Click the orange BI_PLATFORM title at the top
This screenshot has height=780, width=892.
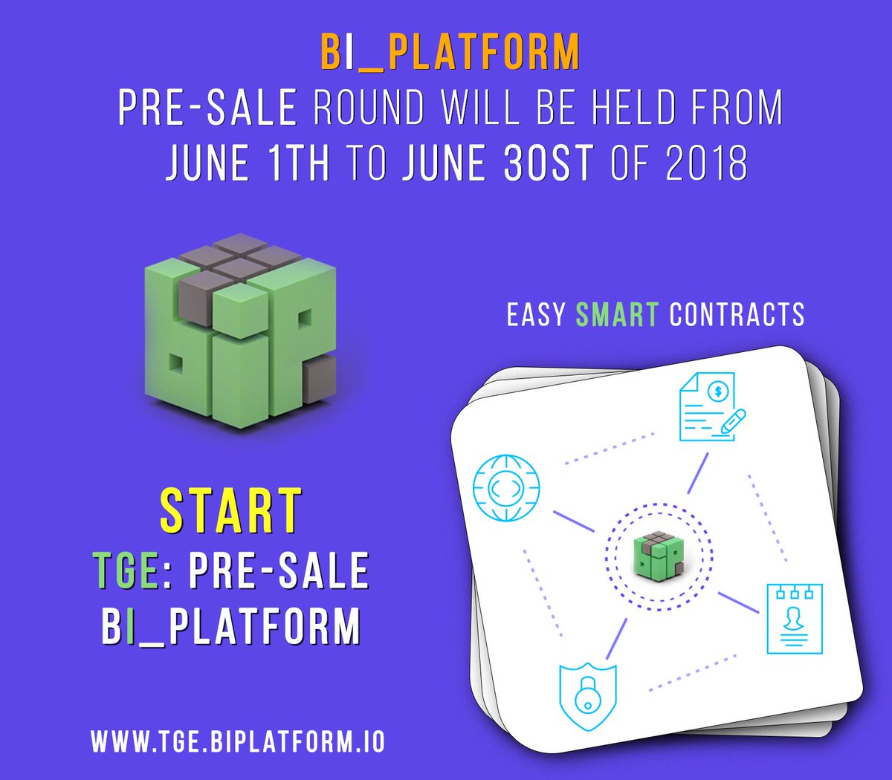tap(450, 51)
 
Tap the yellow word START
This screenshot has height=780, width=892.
tap(231, 510)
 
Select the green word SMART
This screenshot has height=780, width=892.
tap(617, 314)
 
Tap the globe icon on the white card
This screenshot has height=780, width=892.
tap(506, 487)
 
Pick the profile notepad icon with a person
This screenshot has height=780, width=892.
tap(795, 619)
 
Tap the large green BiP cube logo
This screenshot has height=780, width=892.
tap(240, 331)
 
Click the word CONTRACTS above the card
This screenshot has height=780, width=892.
tap(737, 314)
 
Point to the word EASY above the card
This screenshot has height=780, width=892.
tap(536, 314)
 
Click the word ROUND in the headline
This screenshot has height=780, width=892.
tap(369, 107)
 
